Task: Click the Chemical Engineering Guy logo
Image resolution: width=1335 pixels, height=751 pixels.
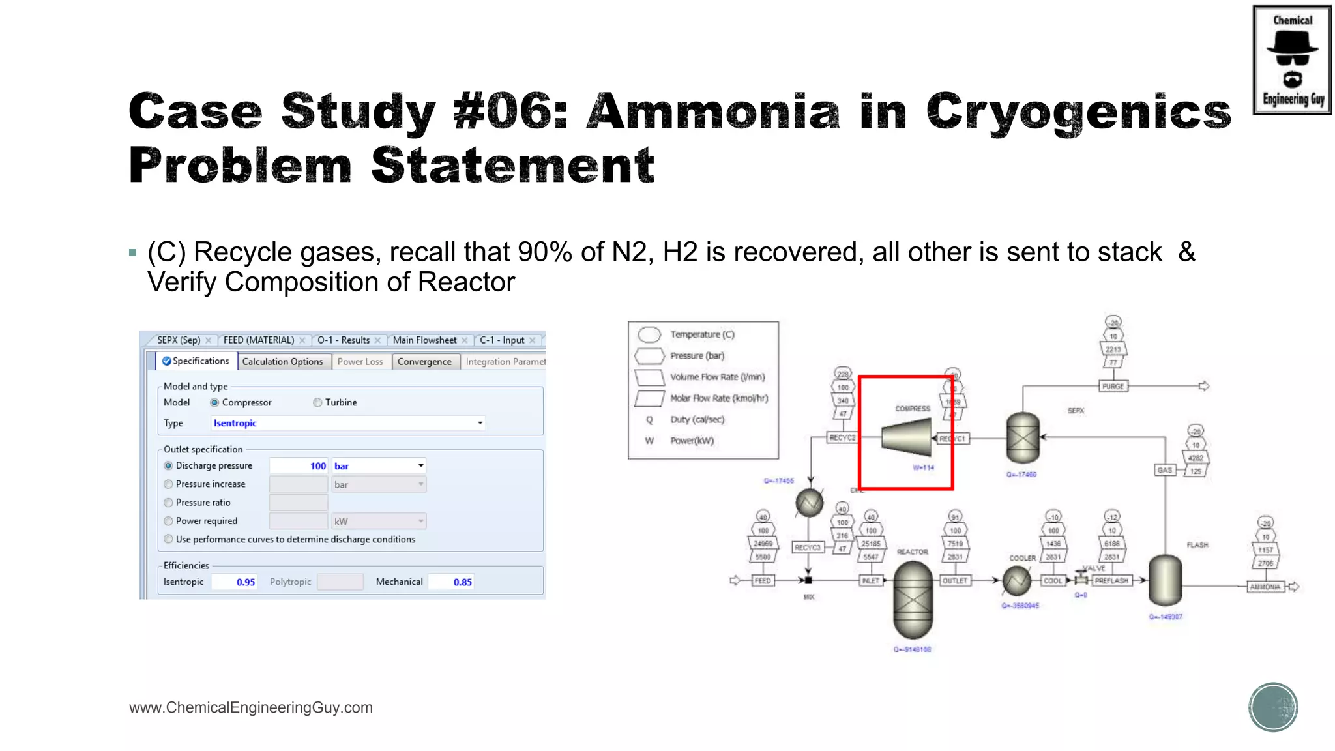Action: click(x=1291, y=60)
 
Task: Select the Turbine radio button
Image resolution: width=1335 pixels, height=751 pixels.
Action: click(x=317, y=403)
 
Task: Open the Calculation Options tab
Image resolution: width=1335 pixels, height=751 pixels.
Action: click(x=282, y=362)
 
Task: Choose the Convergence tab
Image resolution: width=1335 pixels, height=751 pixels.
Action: click(x=424, y=362)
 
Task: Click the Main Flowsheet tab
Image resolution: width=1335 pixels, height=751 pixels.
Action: click(x=424, y=340)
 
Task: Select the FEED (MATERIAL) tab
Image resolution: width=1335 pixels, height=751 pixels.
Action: click(x=259, y=340)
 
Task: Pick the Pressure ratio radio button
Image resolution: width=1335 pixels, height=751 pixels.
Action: click(x=169, y=503)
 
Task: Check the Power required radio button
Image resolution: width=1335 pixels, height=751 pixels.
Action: click(x=169, y=521)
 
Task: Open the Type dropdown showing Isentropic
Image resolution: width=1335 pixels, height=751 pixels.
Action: click(x=348, y=423)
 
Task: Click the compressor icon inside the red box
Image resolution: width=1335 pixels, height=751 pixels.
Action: click(x=906, y=436)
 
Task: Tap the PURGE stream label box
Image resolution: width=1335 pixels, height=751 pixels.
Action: click(x=1113, y=387)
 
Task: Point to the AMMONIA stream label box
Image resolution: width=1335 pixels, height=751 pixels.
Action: click(x=1265, y=587)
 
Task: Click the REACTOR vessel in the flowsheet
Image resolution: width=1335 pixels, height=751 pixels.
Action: click(x=913, y=600)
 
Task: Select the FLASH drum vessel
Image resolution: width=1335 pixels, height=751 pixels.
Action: click(x=1165, y=580)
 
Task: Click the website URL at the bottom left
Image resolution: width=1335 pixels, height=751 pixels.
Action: click(x=251, y=708)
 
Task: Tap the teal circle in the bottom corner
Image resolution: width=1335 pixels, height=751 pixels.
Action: click(x=1273, y=707)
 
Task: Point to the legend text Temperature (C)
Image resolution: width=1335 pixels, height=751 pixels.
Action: click(x=702, y=334)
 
